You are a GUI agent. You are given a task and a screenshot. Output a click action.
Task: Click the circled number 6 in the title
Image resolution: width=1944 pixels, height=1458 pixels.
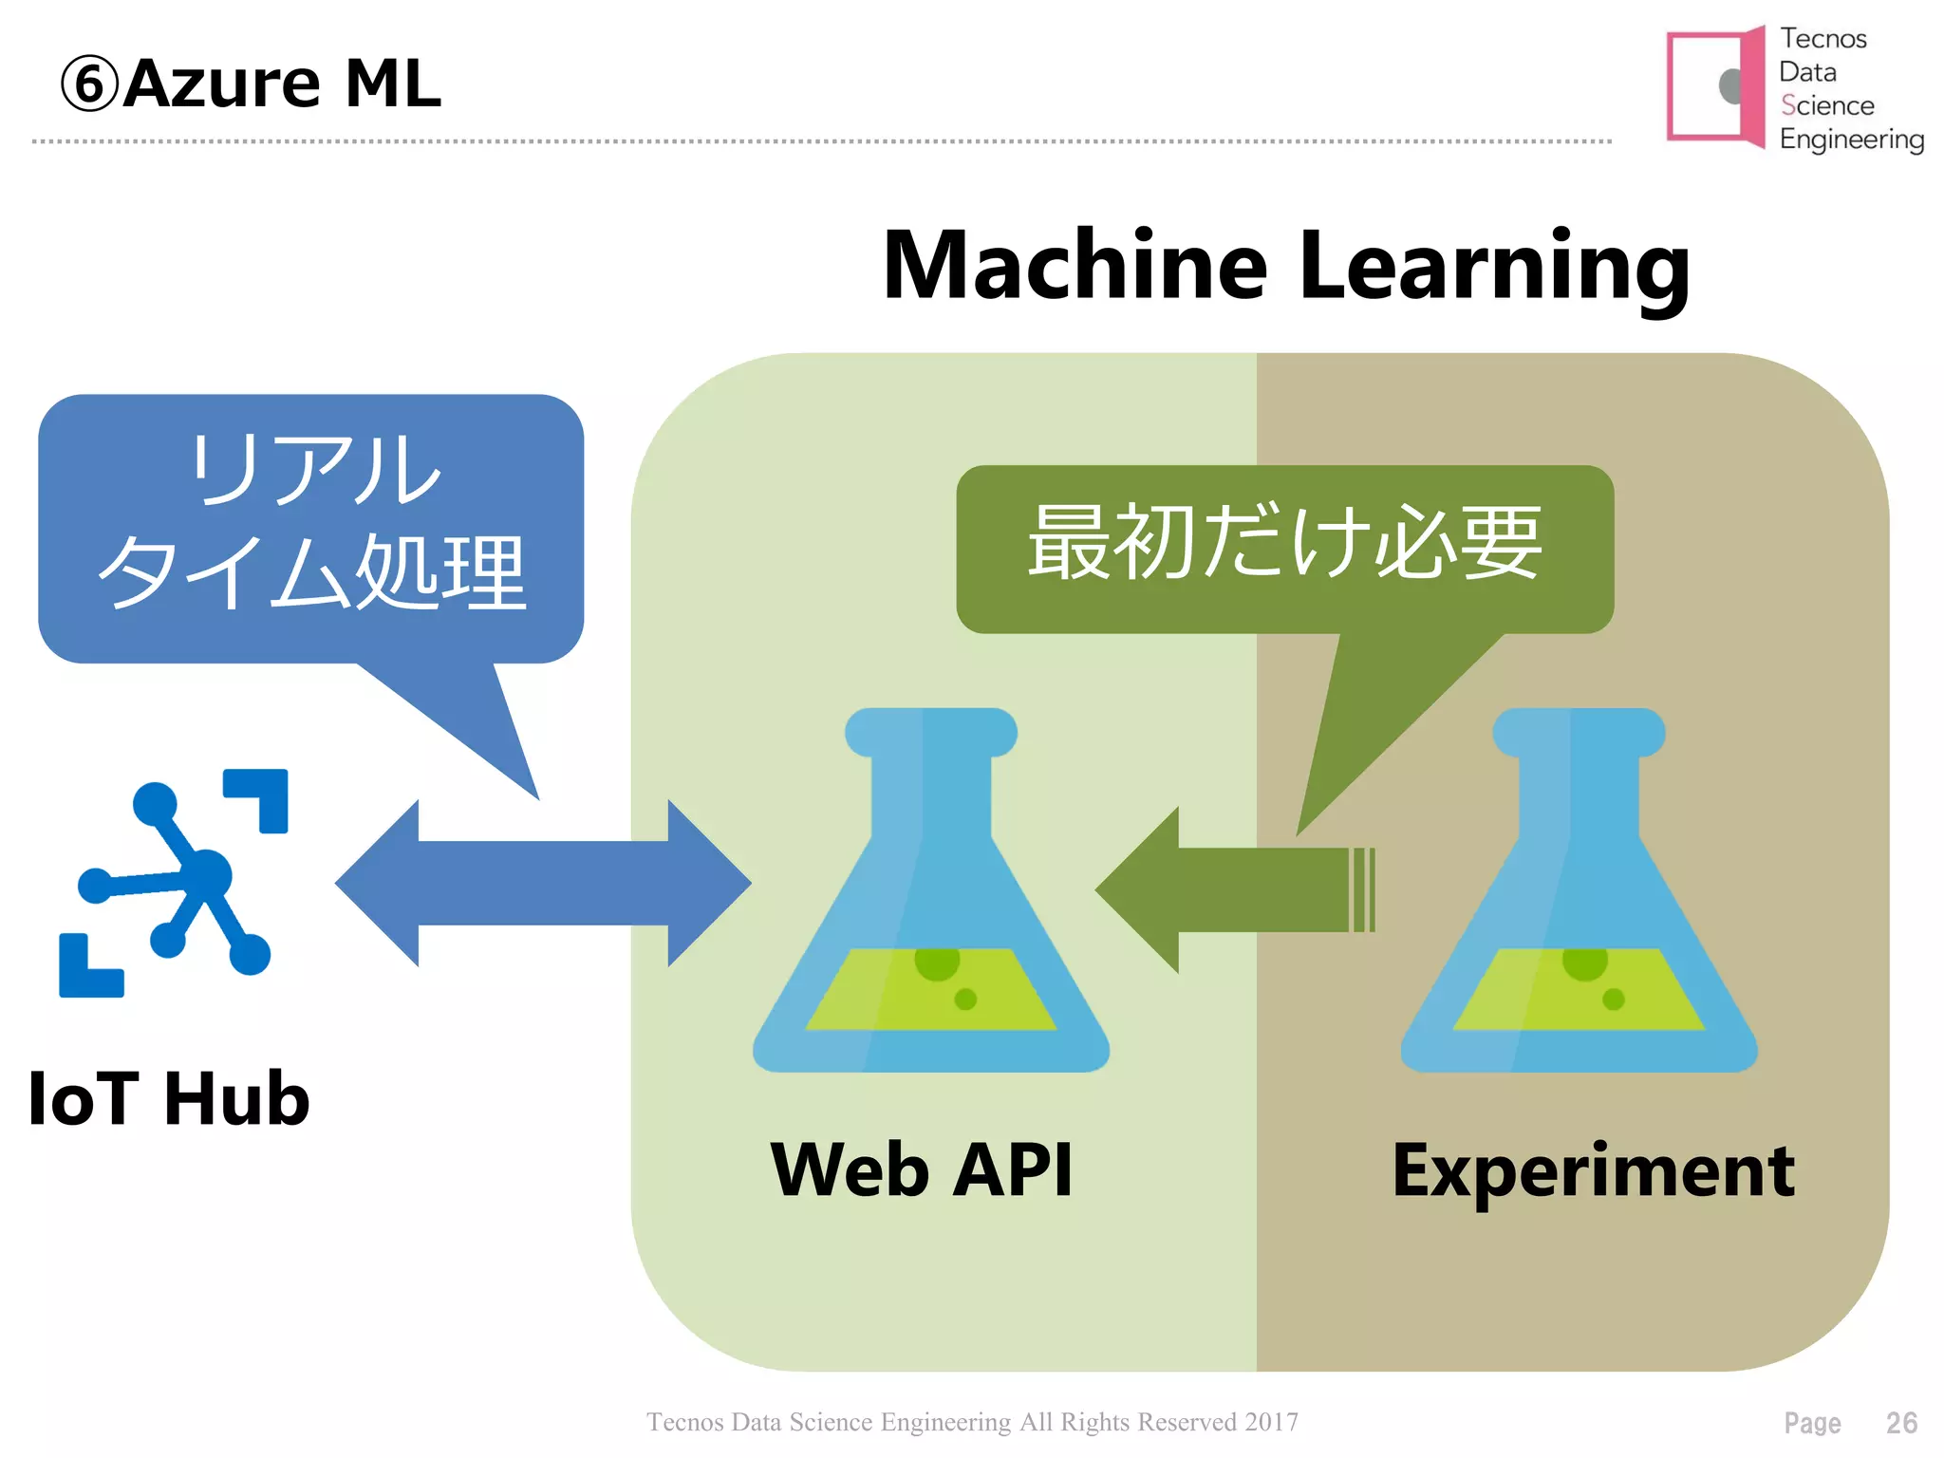(89, 84)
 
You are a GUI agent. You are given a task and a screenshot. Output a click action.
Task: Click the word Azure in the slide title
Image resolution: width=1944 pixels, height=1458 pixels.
(221, 84)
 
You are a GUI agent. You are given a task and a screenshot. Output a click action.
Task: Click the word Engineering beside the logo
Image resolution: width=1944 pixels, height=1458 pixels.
(1851, 140)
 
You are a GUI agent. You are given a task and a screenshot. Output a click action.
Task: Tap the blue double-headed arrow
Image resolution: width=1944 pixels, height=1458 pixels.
(543, 883)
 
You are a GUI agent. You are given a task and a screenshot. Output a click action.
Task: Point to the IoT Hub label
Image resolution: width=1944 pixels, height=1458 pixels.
(169, 1098)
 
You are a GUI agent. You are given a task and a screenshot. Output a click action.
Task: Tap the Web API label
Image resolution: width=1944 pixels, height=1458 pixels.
(921, 1169)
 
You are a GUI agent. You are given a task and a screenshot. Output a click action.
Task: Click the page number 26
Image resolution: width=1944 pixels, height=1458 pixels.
(1900, 1423)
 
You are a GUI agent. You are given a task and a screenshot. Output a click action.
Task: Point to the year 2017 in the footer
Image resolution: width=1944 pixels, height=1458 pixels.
(1271, 1422)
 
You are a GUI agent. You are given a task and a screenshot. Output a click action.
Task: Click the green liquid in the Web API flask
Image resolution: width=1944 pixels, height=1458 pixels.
(930, 992)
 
